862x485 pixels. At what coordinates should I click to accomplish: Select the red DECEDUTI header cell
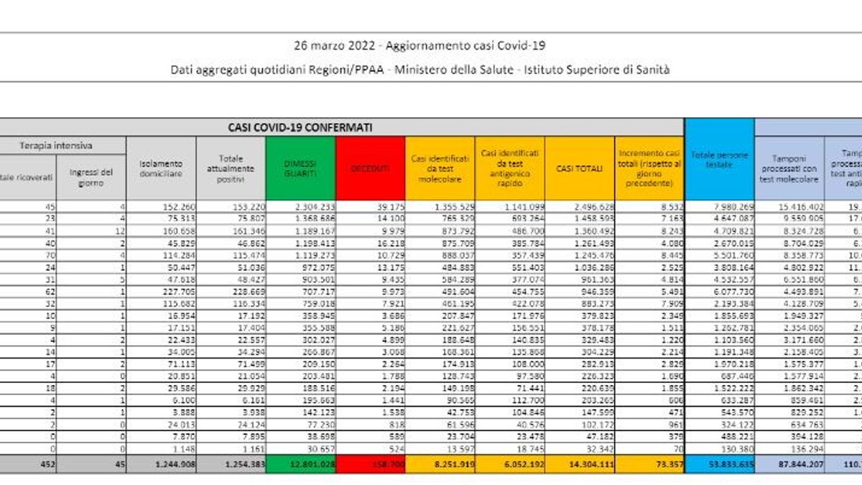(x=371, y=168)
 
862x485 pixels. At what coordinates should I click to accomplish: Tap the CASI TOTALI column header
(x=579, y=168)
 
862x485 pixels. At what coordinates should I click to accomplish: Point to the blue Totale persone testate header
(x=719, y=160)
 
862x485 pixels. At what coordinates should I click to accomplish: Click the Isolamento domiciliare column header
(x=161, y=168)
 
